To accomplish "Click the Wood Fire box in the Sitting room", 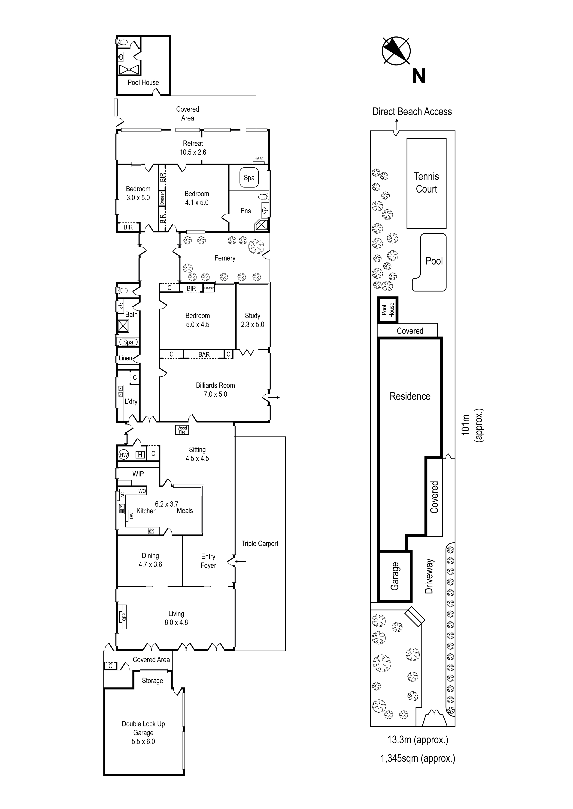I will (182, 430).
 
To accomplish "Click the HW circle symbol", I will (124, 455).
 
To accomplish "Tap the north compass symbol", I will (396, 51).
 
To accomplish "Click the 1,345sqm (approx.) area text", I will (418, 758).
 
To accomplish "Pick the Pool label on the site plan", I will (434, 261).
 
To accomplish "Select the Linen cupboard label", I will (125, 358).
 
